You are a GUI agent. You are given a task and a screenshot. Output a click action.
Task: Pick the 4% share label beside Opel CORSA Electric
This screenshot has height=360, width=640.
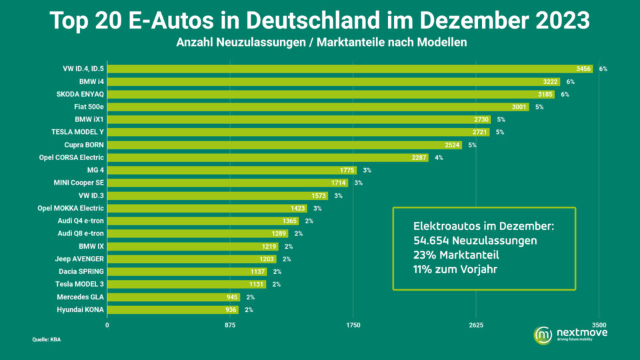coord(439,158)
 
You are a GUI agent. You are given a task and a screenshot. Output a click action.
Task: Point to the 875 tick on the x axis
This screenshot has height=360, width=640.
coord(230,325)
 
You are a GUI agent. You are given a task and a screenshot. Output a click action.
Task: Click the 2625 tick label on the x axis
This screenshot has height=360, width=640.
coord(476,325)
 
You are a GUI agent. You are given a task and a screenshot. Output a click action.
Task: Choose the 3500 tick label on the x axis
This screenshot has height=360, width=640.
coord(599,325)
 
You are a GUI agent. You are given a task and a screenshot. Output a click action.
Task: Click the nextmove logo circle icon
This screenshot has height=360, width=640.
coord(543,334)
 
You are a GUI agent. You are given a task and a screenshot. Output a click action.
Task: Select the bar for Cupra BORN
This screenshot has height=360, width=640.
coord(283,145)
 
